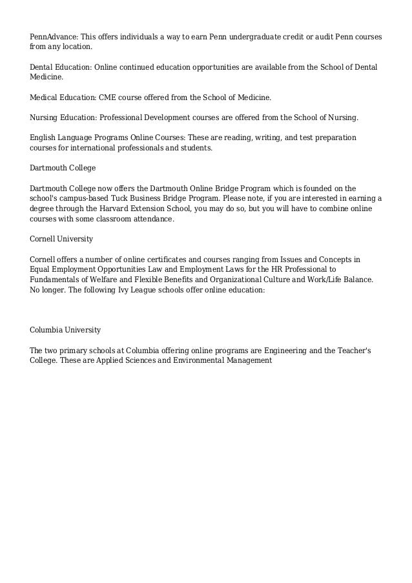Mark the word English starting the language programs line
click(43, 138)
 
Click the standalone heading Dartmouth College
click(63, 168)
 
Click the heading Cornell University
click(61, 239)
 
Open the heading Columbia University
click(65, 330)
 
